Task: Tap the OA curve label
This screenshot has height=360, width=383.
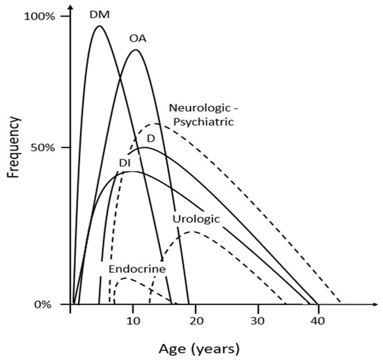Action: click(137, 38)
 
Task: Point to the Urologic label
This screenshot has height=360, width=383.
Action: click(196, 219)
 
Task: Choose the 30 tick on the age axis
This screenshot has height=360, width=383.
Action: click(258, 320)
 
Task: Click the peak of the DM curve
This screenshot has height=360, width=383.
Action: click(98, 26)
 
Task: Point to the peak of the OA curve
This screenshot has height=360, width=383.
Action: click(135, 49)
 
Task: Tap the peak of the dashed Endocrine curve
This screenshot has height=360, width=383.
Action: click(125, 278)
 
